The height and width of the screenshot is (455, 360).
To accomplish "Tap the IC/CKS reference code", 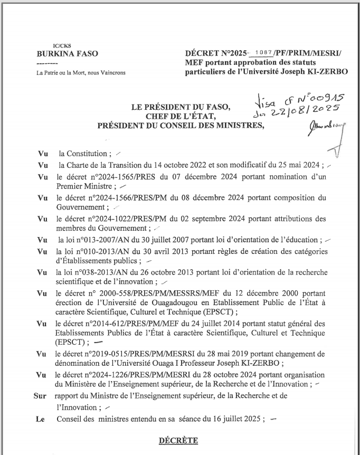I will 55,46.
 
